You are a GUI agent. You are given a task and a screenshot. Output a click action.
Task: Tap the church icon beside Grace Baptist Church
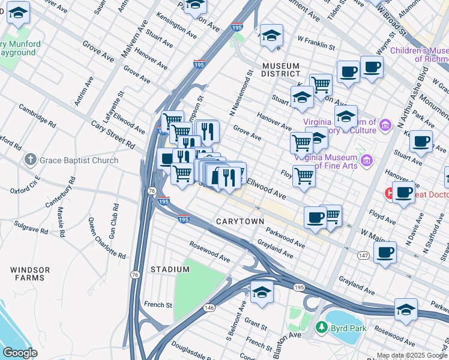click(31, 160)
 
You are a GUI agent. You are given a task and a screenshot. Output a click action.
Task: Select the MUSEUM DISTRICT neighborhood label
click(284, 69)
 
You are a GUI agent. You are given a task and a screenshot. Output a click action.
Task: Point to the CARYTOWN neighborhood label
click(240, 221)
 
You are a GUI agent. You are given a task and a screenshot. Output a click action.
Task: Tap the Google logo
click(20, 353)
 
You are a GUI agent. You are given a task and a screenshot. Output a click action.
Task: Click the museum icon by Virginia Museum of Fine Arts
click(367, 160)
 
